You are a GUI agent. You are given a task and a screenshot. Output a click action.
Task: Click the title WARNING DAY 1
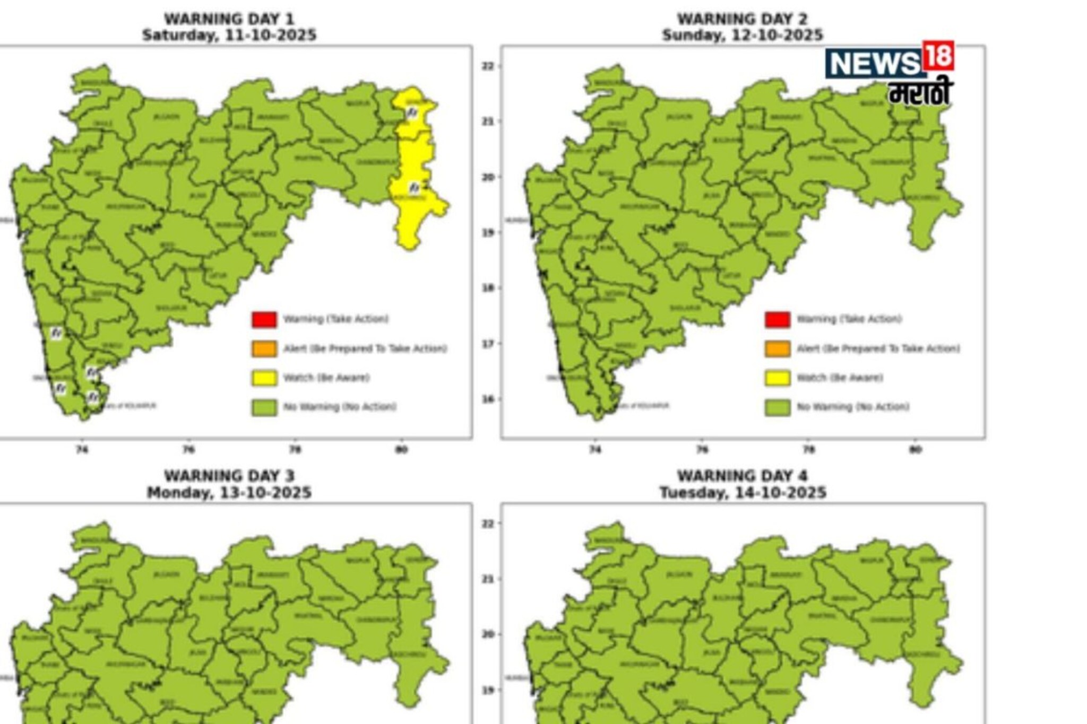tap(229, 19)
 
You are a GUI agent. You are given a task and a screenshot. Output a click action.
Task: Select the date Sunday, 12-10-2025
tap(742, 36)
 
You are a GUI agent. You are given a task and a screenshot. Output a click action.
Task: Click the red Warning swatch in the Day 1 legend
tap(264, 319)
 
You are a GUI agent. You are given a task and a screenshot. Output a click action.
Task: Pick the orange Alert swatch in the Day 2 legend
tap(778, 348)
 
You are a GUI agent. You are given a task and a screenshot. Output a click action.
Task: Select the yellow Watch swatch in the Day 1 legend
tap(264, 378)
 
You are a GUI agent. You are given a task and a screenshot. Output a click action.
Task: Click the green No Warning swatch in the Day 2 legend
tap(778, 407)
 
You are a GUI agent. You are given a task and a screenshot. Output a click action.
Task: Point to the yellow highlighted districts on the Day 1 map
tap(417, 170)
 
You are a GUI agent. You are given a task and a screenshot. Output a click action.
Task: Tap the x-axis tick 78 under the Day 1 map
tap(295, 450)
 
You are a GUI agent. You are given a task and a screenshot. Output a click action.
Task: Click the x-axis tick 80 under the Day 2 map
tap(916, 450)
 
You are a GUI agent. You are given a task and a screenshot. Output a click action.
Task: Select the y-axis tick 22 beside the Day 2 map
tap(487, 66)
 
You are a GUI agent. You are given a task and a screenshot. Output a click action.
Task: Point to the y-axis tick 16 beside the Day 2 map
tap(487, 399)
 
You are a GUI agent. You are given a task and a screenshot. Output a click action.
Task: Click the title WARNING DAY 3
tap(229, 476)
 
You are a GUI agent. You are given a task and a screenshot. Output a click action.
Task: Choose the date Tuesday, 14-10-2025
tap(742, 493)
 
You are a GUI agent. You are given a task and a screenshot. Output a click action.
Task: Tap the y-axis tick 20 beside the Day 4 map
tap(487, 634)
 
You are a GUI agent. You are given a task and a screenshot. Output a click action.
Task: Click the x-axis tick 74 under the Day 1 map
tap(82, 450)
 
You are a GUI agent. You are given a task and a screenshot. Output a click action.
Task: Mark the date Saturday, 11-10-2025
tap(229, 36)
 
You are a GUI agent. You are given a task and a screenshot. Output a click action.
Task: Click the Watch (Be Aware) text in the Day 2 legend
tap(840, 378)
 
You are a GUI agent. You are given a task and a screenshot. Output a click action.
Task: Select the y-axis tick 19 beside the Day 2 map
tap(487, 233)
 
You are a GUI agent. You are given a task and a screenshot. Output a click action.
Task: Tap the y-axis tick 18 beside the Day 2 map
tap(487, 288)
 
